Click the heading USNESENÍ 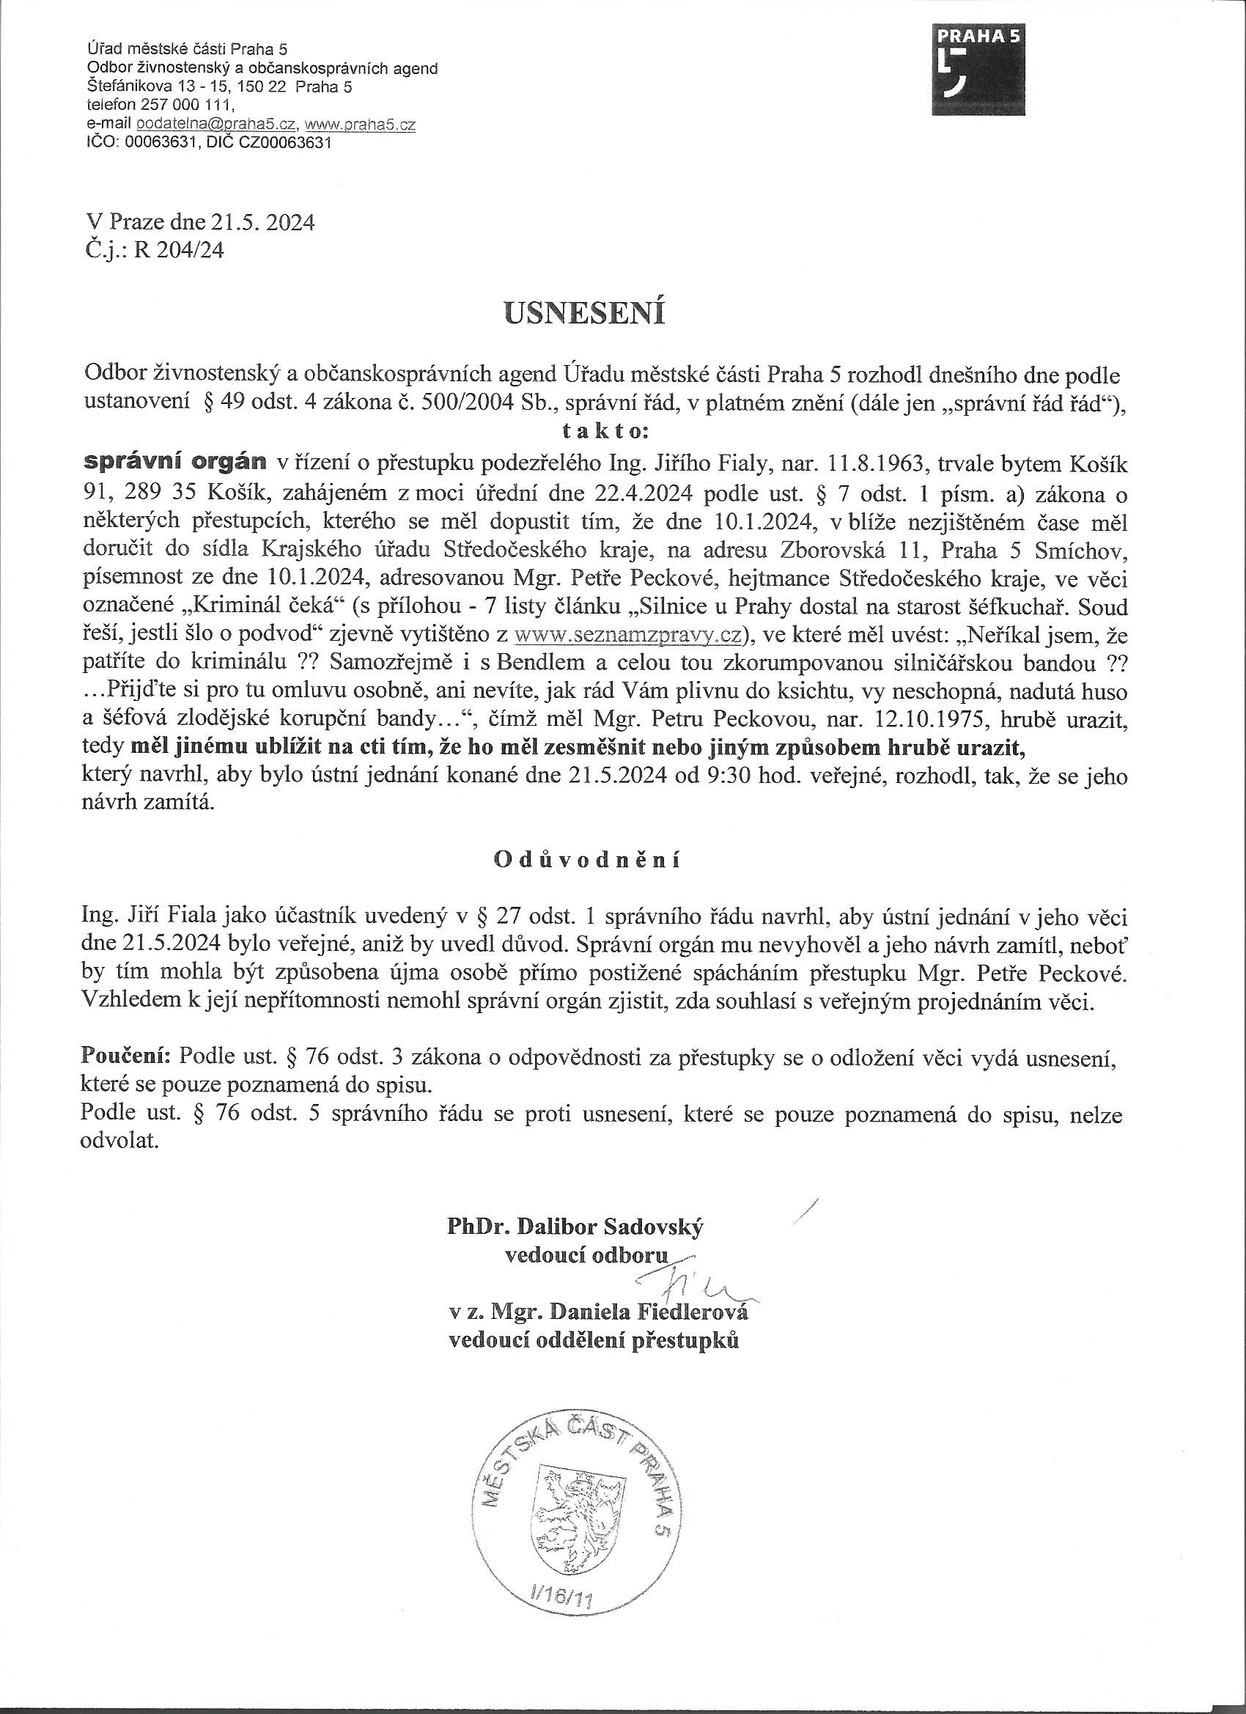[x=585, y=314]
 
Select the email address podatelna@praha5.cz [x=216, y=125]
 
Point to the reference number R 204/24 [x=178, y=251]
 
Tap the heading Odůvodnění [x=586, y=861]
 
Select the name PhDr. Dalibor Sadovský [x=575, y=1226]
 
